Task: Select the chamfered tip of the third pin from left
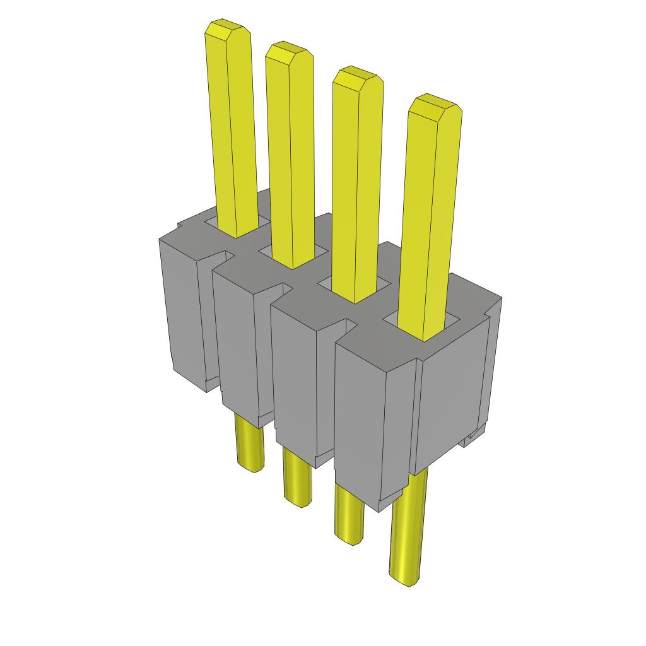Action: click(x=357, y=78)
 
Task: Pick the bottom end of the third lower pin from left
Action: click(x=348, y=537)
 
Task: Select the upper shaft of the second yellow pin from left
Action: click(x=290, y=158)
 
